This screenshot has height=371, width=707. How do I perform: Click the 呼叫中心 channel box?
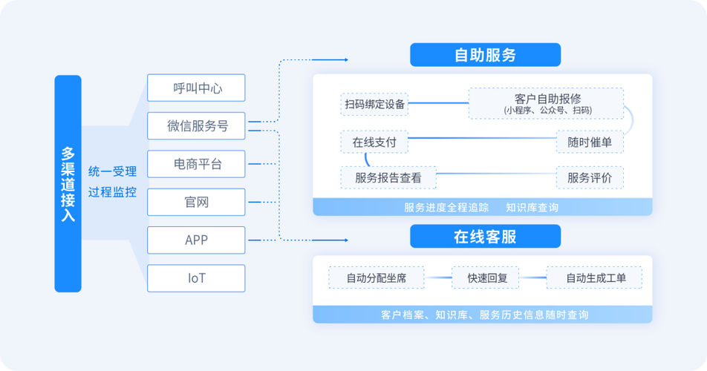(x=196, y=88)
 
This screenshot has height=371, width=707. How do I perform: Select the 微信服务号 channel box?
(x=196, y=126)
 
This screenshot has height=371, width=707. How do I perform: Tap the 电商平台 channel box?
(x=196, y=164)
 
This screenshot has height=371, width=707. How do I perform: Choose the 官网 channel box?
(x=196, y=202)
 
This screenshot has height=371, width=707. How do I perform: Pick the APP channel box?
(x=196, y=240)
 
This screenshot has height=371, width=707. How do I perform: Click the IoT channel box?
(x=196, y=278)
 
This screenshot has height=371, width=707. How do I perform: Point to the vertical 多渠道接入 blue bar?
(x=68, y=183)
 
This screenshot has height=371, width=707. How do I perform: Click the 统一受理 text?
(x=112, y=171)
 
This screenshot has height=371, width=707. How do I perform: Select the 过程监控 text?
(x=112, y=193)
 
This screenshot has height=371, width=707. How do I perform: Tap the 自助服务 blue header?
(x=485, y=55)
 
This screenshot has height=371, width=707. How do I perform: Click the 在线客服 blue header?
(x=485, y=237)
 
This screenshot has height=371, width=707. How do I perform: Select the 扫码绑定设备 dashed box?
(x=375, y=104)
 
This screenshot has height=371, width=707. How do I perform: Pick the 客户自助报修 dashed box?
(x=547, y=104)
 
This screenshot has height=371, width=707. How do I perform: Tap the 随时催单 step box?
(x=590, y=142)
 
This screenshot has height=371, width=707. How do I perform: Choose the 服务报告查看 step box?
(x=388, y=178)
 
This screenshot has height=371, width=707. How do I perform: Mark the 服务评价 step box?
(x=590, y=178)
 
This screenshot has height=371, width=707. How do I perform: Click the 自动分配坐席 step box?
(x=377, y=278)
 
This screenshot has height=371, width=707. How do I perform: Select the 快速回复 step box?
(x=487, y=278)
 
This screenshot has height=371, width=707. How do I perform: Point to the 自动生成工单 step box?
(x=595, y=278)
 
